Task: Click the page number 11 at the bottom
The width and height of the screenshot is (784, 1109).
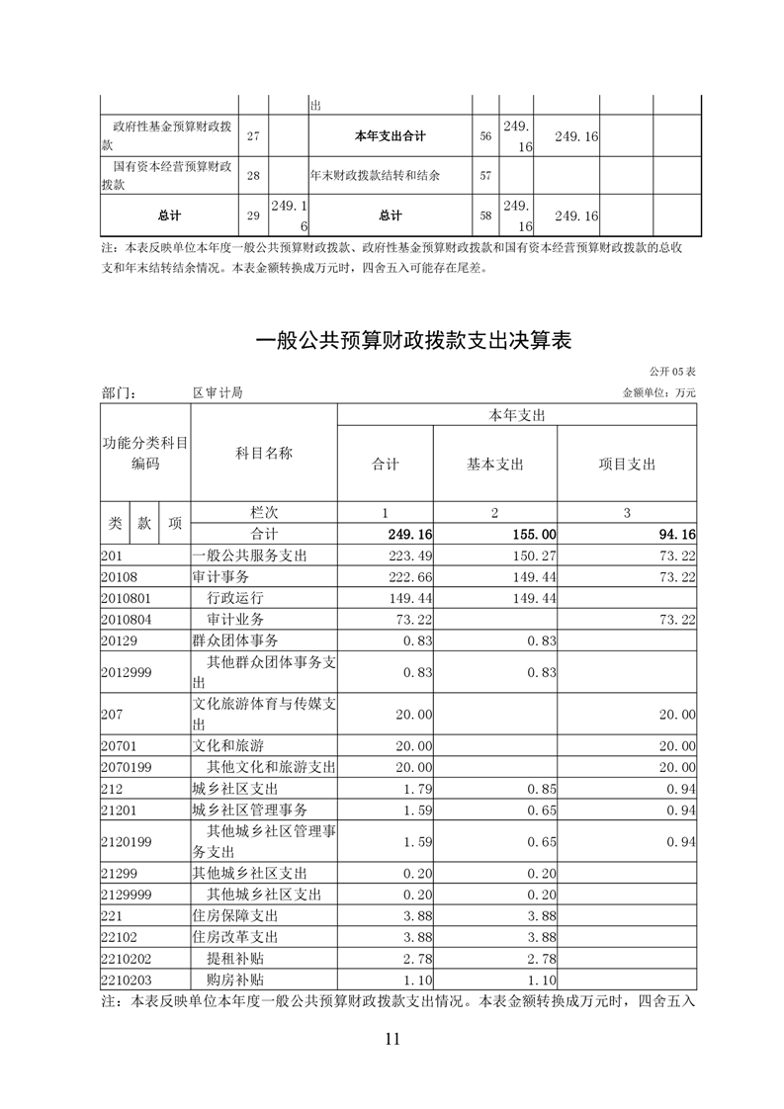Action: click(x=392, y=1038)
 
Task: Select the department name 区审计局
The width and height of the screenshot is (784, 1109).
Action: click(x=218, y=392)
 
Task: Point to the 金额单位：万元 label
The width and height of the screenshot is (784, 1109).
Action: click(x=659, y=392)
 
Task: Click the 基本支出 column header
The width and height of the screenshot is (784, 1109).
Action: click(x=494, y=464)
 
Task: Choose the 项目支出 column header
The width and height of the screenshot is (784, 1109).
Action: click(x=627, y=464)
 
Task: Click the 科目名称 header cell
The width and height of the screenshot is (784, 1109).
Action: click(x=263, y=453)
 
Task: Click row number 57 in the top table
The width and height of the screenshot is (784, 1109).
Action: click(x=485, y=176)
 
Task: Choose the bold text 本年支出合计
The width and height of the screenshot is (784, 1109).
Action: click(x=390, y=136)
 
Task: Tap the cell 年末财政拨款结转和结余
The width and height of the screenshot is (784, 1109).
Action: click(x=375, y=176)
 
